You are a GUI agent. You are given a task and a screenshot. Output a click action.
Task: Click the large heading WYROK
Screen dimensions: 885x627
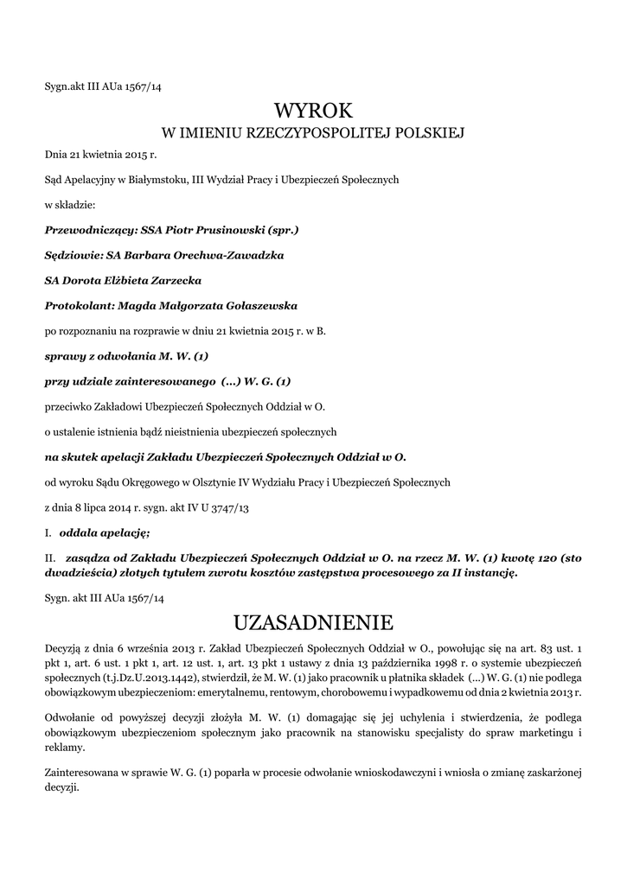point(313,110)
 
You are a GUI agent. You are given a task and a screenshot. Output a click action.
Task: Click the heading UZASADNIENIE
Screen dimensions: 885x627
point(313,622)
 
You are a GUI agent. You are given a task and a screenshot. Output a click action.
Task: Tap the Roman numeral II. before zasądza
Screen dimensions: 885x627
point(50,558)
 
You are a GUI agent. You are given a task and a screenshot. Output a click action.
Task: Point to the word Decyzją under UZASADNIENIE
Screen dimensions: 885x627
point(65,647)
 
